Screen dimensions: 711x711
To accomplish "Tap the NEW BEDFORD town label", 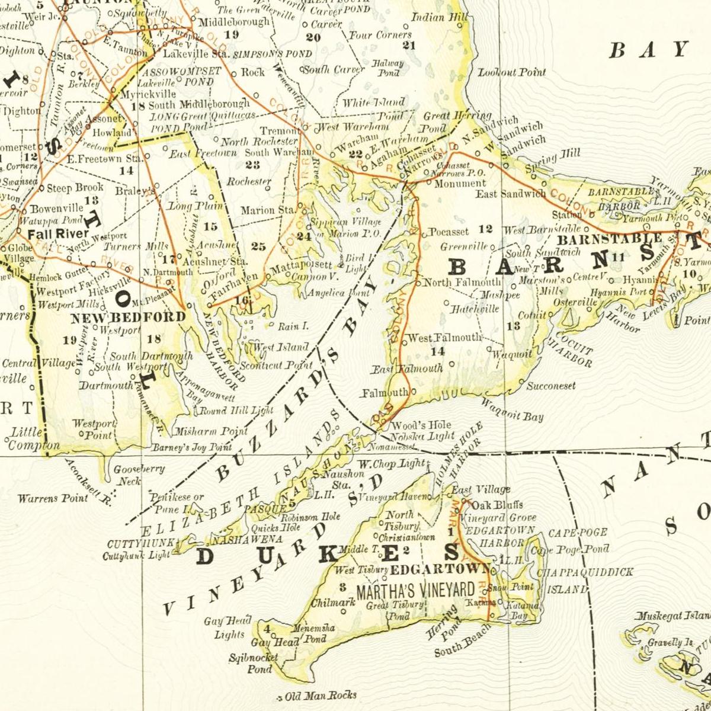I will click(x=128, y=318).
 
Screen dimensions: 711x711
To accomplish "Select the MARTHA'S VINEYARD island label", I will click(x=415, y=590).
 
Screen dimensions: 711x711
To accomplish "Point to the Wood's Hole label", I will click(x=421, y=425).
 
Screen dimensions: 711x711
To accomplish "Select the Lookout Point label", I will click(x=512, y=72).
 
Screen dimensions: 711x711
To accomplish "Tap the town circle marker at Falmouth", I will click(x=413, y=391).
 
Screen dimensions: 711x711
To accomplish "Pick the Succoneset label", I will click(x=551, y=386).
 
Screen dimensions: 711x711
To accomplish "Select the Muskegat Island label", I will click(x=671, y=617).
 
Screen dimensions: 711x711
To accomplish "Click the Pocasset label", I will click(x=449, y=232).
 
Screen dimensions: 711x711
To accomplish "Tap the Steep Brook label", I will click(x=75, y=188).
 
